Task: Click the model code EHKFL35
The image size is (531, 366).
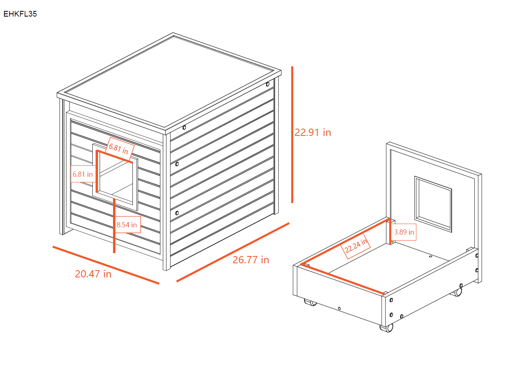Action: pyautogui.click(x=20, y=14)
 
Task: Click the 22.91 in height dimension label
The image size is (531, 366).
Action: pyautogui.click(x=313, y=133)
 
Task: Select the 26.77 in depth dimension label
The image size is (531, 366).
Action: pyautogui.click(x=251, y=260)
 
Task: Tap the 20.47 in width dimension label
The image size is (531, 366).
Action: pyautogui.click(x=93, y=274)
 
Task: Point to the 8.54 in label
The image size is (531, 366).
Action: pyautogui.click(x=127, y=225)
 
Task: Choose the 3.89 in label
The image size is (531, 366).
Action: pyautogui.click(x=404, y=232)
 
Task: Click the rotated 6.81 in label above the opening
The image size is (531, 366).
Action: pyautogui.click(x=119, y=148)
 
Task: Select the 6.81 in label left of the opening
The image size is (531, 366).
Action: pyautogui.click(x=83, y=175)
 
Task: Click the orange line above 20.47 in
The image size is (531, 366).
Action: pyautogui.click(x=106, y=265)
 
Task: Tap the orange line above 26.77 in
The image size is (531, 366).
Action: pyautogui.click(x=233, y=252)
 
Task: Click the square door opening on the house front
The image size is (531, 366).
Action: pyautogui.click(x=116, y=178)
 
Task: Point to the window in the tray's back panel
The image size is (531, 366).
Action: pyautogui.click(x=433, y=204)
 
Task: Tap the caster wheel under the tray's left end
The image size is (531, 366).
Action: pyautogui.click(x=311, y=302)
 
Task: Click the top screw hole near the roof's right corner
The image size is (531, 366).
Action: pyautogui.click(x=268, y=85)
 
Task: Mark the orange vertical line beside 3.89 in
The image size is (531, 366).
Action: pyautogui.click(x=390, y=232)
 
